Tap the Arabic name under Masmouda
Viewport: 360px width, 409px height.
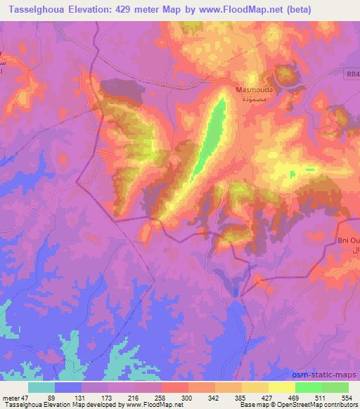(251, 100)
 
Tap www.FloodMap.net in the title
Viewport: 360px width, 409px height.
(248, 10)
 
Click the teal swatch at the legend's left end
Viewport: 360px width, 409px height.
(41, 387)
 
